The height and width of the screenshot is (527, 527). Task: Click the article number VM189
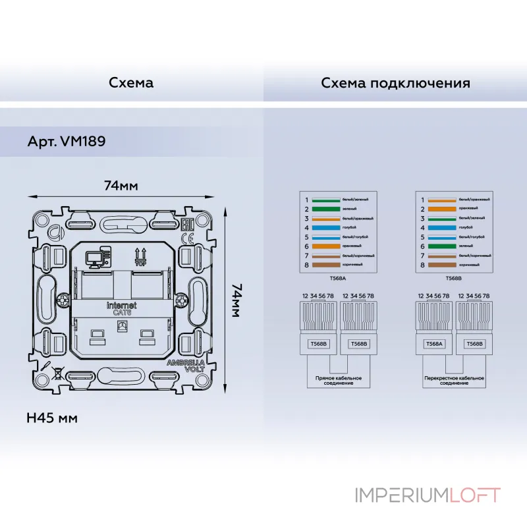click(67, 141)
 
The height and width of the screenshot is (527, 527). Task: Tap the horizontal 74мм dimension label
click(121, 185)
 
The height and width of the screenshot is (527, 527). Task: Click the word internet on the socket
click(122, 306)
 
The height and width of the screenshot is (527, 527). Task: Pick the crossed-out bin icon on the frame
click(58, 374)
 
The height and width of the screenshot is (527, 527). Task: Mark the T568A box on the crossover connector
click(433, 344)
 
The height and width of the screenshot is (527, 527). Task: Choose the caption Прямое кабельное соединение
click(339, 381)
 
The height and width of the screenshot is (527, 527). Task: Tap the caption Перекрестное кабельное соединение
click(453, 381)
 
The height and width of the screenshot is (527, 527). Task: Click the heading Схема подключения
click(395, 83)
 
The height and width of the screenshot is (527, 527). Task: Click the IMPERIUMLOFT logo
click(428, 495)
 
